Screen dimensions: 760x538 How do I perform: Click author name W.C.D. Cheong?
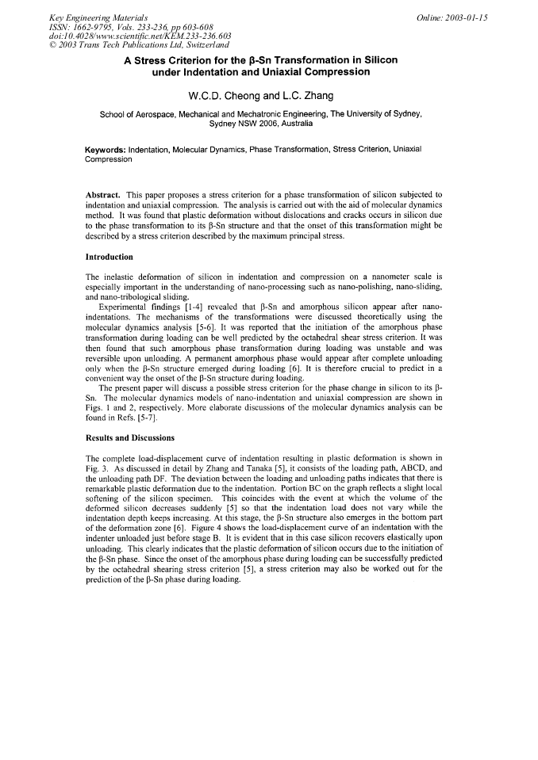(226, 96)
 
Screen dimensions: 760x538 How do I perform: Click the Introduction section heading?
(109, 257)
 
